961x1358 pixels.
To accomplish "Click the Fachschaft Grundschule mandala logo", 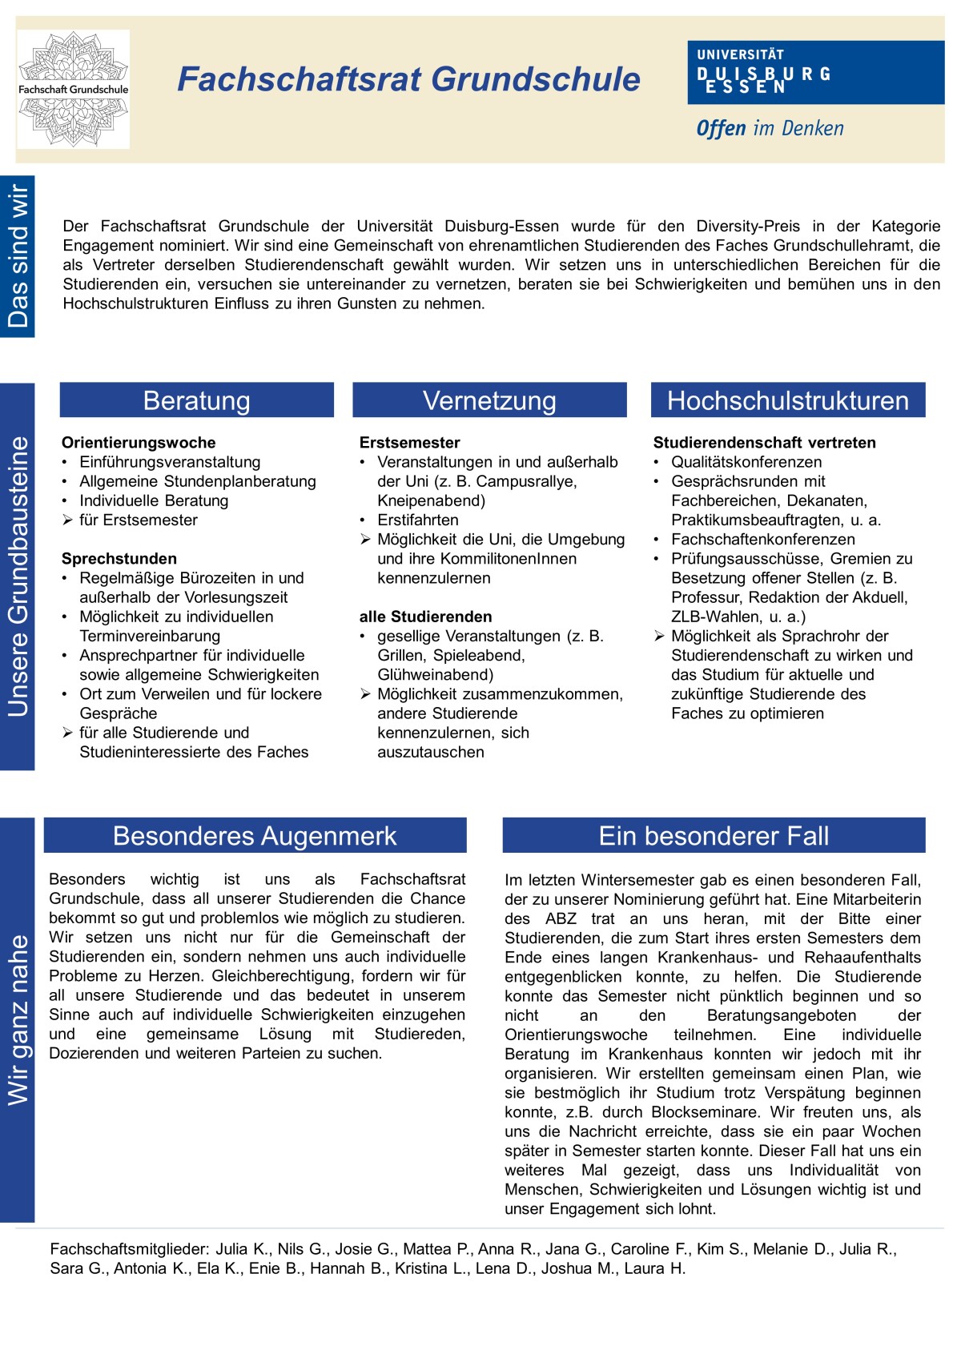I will click(73, 89).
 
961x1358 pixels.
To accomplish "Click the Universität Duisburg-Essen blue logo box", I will click(815, 73).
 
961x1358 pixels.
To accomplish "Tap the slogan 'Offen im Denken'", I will click(770, 129).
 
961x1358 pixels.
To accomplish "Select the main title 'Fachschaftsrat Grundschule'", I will click(408, 79).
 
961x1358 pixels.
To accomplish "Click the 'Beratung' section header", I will click(196, 400).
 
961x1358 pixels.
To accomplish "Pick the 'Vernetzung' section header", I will click(489, 400).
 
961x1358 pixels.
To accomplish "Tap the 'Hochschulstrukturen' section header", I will click(788, 400).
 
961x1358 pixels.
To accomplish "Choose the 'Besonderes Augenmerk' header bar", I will click(255, 836).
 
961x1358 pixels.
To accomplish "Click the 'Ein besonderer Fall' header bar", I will click(714, 836).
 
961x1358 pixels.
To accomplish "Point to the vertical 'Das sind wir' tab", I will click(18, 256).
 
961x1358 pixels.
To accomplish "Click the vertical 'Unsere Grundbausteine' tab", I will click(18, 577).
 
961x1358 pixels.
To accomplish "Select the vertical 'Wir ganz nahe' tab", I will click(18, 1020).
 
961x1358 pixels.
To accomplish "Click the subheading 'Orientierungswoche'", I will click(139, 443).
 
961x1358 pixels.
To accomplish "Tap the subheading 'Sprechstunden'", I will click(119, 559).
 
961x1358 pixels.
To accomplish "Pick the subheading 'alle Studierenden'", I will click(425, 617).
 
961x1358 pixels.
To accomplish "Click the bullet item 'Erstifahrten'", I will click(418, 520).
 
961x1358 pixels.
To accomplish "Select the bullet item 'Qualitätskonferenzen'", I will click(746, 462).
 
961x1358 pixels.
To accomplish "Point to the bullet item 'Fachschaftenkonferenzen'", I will click(762, 539).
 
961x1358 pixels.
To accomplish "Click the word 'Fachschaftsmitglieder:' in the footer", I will click(129, 1249).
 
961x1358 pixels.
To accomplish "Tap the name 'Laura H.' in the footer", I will click(655, 1268).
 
